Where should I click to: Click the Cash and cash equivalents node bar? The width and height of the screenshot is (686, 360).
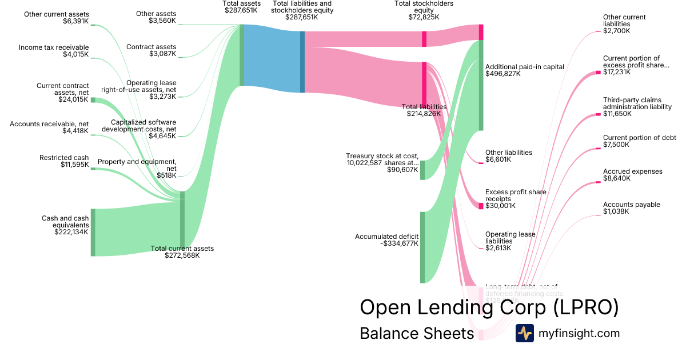pyautogui.click(x=93, y=233)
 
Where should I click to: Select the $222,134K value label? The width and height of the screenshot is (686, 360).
pyautogui.click(x=71, y=232)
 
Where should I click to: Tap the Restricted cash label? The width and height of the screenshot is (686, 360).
pyautogui.click(x=64, y=158)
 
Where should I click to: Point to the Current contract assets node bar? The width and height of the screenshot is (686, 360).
pyautogui.click(x=93, y=100)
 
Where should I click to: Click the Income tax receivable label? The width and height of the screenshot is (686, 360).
pyautogui.click(x=54, y=47)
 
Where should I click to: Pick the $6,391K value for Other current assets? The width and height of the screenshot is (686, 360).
pyautogui.click(x=76, y=21)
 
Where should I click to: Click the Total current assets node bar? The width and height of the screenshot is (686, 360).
pyautogui.click(x=182, y=220)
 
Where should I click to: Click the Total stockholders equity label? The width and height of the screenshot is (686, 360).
pyautogui.click(x=424, y=7)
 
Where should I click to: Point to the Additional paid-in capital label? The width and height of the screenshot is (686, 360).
pyautogui.click(x=525, y=67)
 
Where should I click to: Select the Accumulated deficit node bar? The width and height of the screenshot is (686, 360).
pyautogui.click(x=422, y=247)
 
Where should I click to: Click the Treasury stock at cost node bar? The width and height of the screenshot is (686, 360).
pyautogui.click(x=422, y=170)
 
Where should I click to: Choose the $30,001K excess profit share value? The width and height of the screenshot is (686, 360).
pyautogui.click(x=500, y=206)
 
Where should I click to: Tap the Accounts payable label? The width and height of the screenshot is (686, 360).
pyautogui.click(x=631, y=205)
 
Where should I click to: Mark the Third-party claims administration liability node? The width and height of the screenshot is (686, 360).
pyautogui.click(x=599, y=114)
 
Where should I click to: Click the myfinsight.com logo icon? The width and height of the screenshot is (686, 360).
pyautogui.click(x=524, y=333)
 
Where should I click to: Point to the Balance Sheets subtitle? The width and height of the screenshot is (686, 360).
pyautogui.click(x=417, y=333)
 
